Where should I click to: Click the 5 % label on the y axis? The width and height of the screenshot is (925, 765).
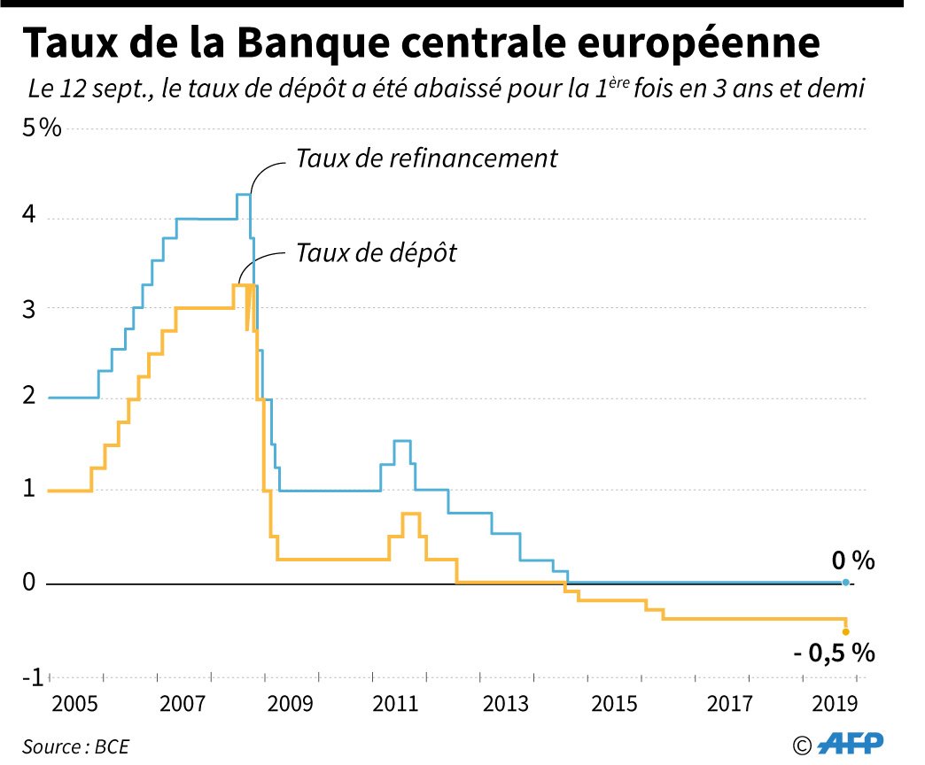43,128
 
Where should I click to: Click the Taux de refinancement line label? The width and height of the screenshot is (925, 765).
426,158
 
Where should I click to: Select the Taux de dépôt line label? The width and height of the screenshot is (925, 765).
376,253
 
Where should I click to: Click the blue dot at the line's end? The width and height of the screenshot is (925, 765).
845,583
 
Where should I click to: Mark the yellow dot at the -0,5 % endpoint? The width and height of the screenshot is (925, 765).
845,631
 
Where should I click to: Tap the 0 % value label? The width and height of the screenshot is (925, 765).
852,560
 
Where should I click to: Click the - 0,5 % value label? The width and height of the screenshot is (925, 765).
835,654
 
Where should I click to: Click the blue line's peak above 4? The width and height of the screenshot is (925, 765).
243,195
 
